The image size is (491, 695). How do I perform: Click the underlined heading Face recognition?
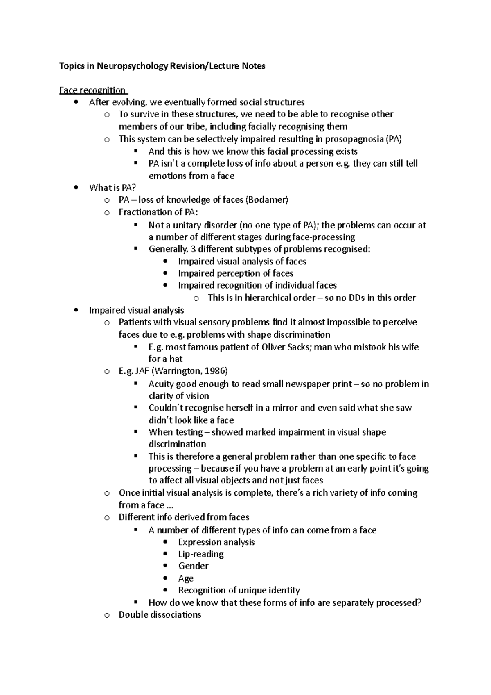coord(92,90)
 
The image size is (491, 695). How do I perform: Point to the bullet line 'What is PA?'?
coord(112,188)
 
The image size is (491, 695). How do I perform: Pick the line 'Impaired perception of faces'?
coord(236,273)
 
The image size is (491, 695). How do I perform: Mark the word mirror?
coord(285,408)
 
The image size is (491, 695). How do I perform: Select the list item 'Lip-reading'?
coord(201,554)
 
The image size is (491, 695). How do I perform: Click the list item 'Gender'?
coord(193,566)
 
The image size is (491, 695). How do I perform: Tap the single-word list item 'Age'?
coord(186,578)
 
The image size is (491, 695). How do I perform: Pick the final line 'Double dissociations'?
coord(160,615)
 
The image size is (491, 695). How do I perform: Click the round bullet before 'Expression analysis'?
coord(165,542)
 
